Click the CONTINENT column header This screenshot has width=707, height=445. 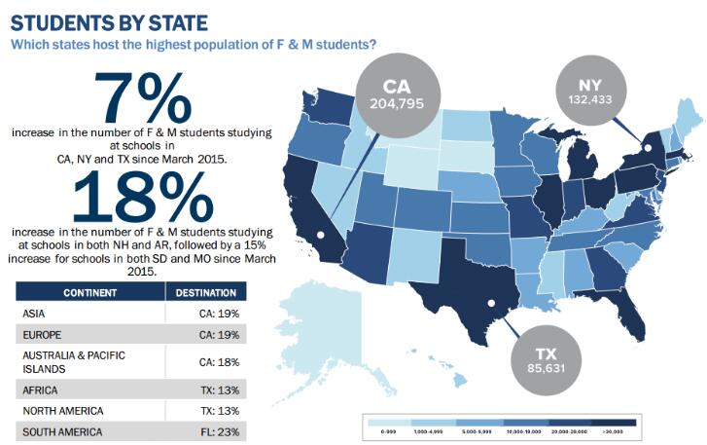tap(90, 292)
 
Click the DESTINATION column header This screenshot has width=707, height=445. tap(205, 292)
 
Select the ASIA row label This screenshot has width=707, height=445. tap(35, 314)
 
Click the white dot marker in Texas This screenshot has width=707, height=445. tap(492, 304)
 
